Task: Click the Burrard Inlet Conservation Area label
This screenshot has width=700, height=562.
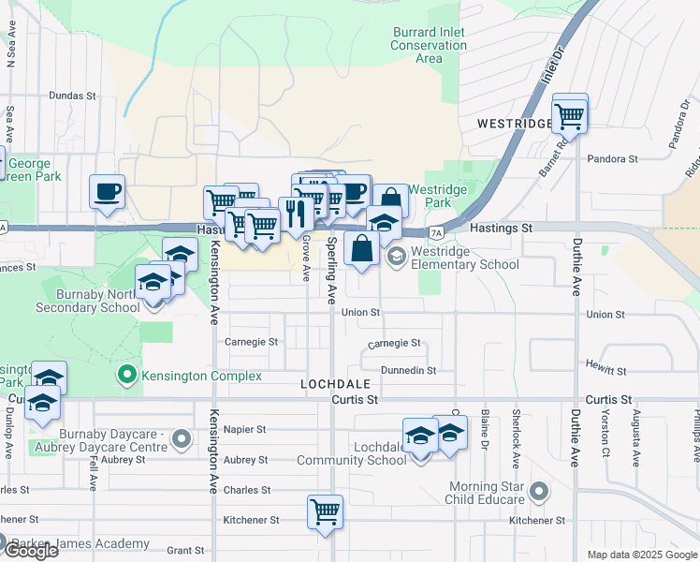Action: [x=429, y=45]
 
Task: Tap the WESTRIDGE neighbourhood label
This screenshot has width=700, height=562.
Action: [x=514, y=124]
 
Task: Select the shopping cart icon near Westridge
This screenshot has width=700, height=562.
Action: [x=569, y=117]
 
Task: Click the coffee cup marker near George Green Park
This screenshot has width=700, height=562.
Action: [x=107, y=192]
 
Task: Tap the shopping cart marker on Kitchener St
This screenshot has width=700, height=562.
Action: [x=325, y=512]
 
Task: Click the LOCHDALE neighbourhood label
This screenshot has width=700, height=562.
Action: [x=335, y=384]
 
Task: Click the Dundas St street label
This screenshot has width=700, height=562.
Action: [x=73, y=96]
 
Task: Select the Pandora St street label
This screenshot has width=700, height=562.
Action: [x=612, y=159]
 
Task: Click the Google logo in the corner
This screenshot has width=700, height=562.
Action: [x=30, y=551]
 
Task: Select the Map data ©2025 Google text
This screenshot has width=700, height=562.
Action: [x=642, y=555]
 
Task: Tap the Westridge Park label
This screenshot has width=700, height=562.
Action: [x=445, y=196]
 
